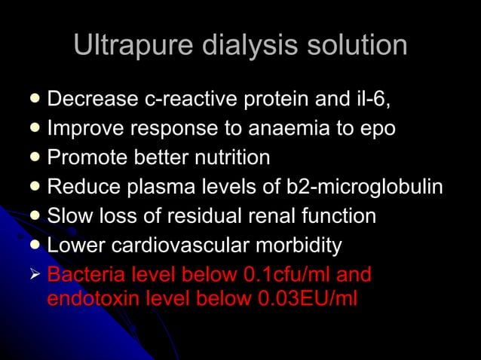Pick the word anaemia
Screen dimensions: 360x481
[x=294, y=129]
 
